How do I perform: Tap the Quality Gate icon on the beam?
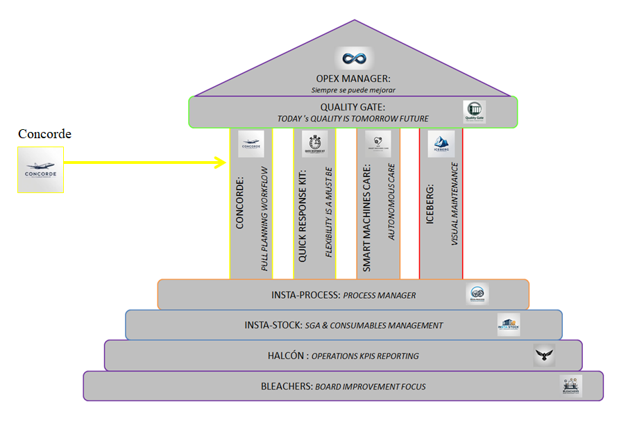(x=475, y=112)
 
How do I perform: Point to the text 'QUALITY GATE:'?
(x=353, y=107)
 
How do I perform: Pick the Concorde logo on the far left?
(x=40, y=169)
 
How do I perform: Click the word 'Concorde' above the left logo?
(x=44, y=134)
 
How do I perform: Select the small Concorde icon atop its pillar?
(x=251, y=144)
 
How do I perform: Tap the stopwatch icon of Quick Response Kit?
(x=314, y=144)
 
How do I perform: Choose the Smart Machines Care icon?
(x=378, y=144)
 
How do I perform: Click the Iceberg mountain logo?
(x=441, y=144)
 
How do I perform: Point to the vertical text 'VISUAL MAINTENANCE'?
(x=455, y=203)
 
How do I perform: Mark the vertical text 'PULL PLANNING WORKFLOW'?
(x=264, y=217)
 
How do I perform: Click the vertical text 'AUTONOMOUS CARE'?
(x=391, y=202)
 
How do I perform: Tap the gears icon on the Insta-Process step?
(x=477, y=294)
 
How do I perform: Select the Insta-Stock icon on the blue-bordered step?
(x=508, y=324)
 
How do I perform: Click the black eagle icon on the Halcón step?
(x=545, y=356)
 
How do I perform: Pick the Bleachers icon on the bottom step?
(x=571, y=386)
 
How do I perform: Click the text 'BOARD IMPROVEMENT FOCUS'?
(x=370, y=387)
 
